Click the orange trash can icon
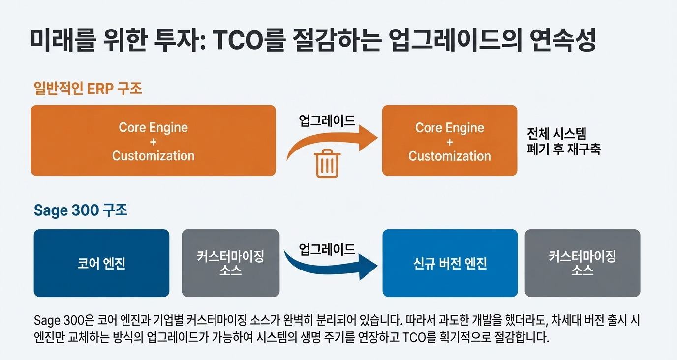pos(327,163)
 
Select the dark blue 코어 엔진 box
pos(101,263)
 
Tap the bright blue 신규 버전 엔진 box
pos(450,263)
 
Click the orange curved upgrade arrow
pos(332,142)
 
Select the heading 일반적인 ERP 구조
pos(88,89)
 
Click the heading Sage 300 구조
pos(81,210)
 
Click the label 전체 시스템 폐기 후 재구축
pos(564,141)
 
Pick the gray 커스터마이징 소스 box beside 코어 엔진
pos(231,263)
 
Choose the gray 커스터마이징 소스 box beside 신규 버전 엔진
pos(583,263)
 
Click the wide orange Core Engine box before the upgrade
pos(153,141)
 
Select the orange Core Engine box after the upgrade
pos(450,141)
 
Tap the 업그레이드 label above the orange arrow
pos(327,120)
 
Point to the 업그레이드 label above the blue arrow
pos(327,249)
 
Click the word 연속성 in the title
pos(563,40)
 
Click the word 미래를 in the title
pos(63,40)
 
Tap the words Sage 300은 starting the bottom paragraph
pos(64,321)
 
